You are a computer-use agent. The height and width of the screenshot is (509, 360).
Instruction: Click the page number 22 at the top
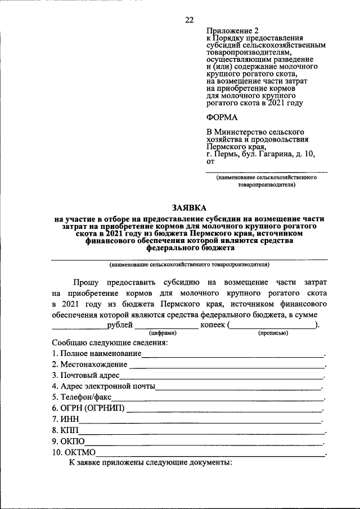189,20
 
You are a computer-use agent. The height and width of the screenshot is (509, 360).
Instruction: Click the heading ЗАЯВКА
190,207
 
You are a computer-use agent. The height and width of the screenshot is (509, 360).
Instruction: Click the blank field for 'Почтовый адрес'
222,377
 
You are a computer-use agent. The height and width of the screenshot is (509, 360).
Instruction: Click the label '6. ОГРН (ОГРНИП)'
88,408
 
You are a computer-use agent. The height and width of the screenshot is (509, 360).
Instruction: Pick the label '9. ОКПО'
68,442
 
